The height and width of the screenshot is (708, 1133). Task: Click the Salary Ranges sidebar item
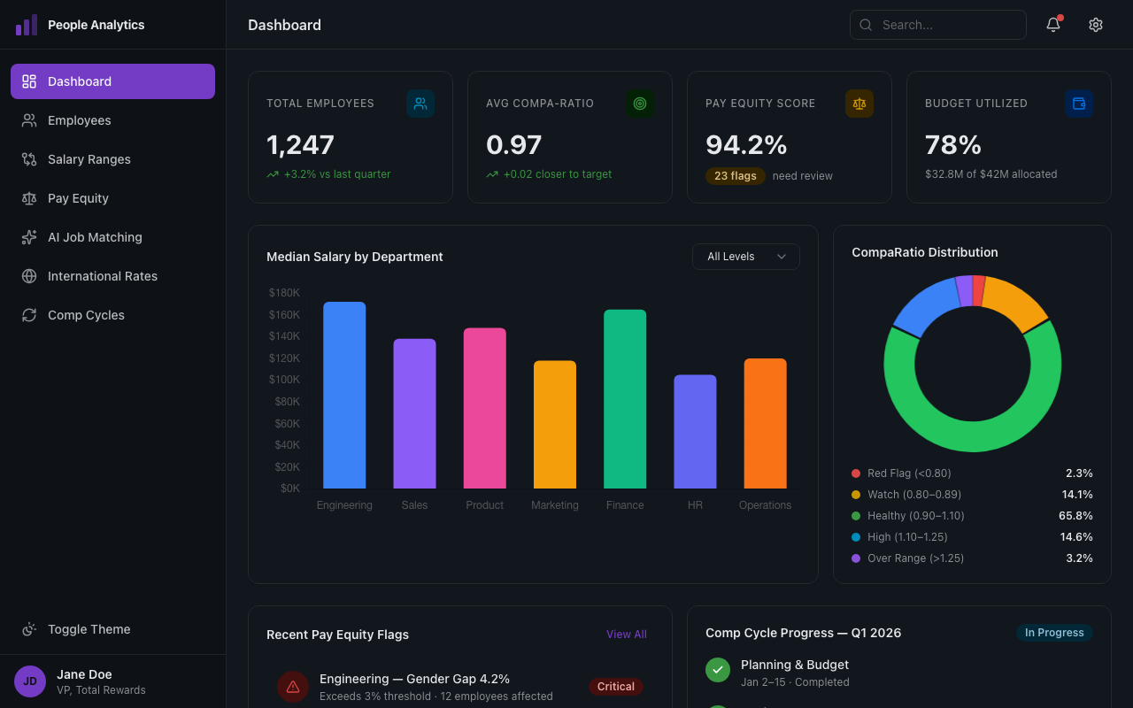coord(89,159)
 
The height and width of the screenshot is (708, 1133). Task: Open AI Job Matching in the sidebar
coord(95,237)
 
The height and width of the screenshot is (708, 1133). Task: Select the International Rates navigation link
coord(102,276)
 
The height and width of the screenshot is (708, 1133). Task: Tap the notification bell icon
coord(1053,25)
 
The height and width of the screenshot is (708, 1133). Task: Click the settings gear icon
coord(1096,25)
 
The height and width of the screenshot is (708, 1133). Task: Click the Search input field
coord(938,25)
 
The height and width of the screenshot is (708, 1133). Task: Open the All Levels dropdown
coord(745,257)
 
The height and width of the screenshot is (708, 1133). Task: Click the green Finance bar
coord(625,398)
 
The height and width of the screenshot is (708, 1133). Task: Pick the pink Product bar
coord(485,408)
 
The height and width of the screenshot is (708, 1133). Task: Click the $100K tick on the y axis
coord(284,380)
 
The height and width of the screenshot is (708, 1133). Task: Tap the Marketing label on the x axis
coord(555,505)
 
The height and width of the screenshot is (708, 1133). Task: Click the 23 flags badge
coord(735,176)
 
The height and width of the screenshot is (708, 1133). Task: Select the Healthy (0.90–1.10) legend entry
coord(915,516)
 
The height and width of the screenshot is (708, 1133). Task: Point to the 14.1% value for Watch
coord(1077,495)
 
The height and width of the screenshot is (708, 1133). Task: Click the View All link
coord(626,635)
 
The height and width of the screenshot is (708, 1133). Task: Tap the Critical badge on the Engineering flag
coord(615,687)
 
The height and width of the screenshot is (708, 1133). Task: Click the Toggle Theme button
coord(89,629)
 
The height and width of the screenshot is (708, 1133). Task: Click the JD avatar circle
coord(30,681)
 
